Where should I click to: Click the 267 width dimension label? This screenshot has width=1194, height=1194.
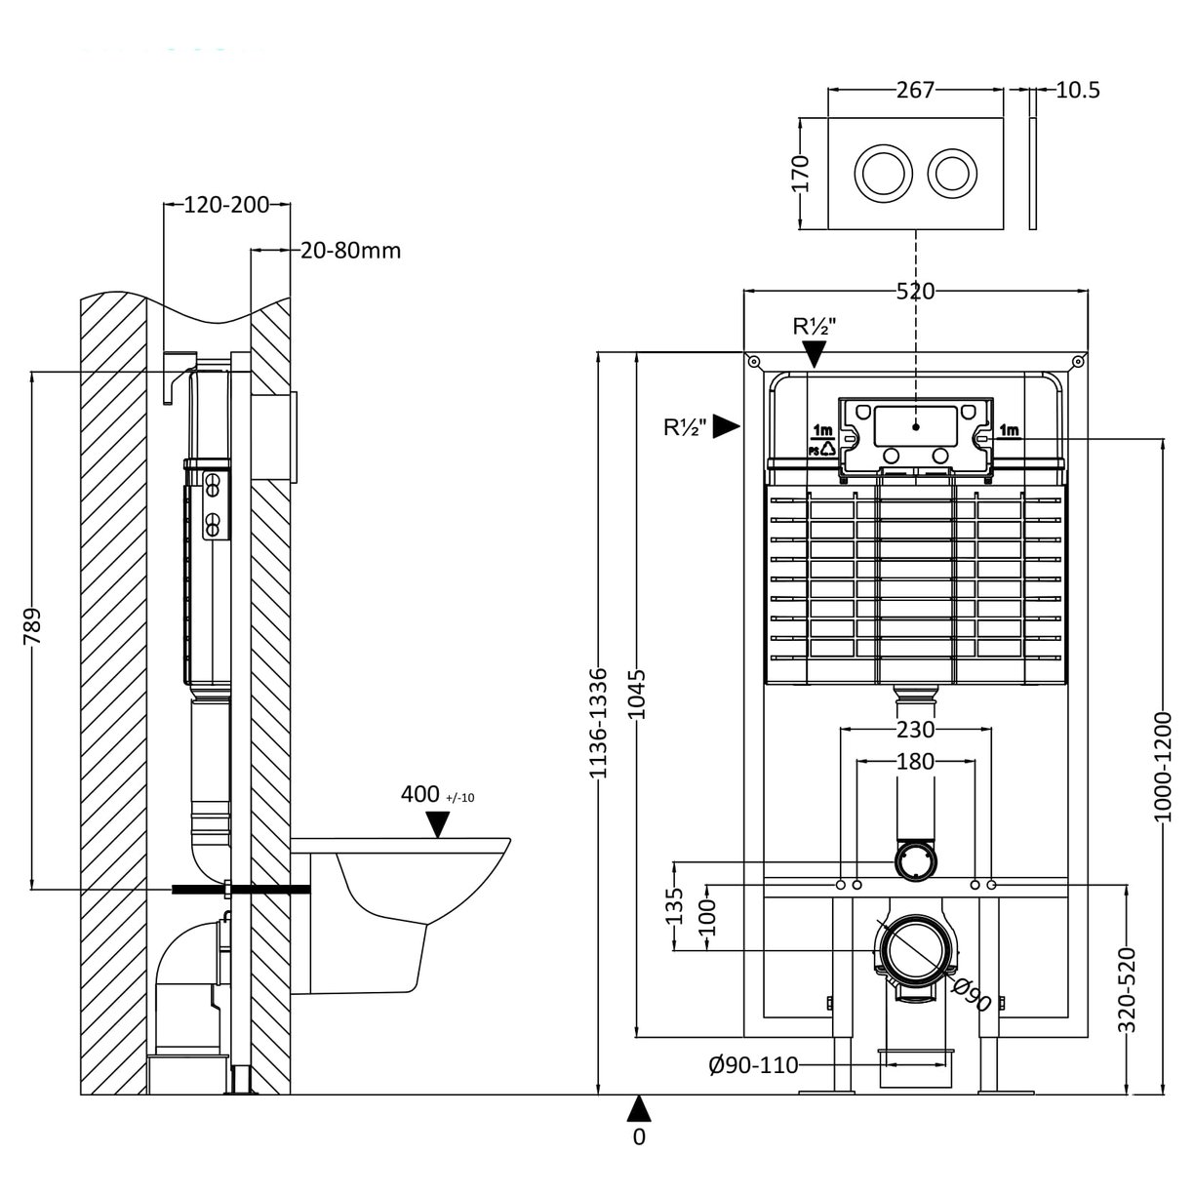[915, 90]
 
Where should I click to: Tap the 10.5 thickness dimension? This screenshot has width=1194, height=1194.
[1077, 90]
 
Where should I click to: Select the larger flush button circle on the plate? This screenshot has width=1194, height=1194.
[884, 172]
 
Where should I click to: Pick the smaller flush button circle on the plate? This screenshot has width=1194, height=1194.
[952, 172]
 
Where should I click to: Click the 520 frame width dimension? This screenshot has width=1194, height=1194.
[915, 291]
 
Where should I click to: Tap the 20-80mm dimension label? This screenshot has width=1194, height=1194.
[350, 251]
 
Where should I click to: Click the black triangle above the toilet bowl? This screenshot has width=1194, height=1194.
[439, 825]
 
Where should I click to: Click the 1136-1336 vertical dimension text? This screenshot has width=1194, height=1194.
[599, 722]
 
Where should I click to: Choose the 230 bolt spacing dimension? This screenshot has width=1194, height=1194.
[915, 729]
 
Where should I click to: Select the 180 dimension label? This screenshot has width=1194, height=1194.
[915, 761]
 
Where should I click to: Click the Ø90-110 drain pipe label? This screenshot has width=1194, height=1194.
[753, 1065]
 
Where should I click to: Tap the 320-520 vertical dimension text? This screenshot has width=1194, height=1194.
[1128, 990]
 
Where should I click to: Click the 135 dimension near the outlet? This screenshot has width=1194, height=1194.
[674, 905]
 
